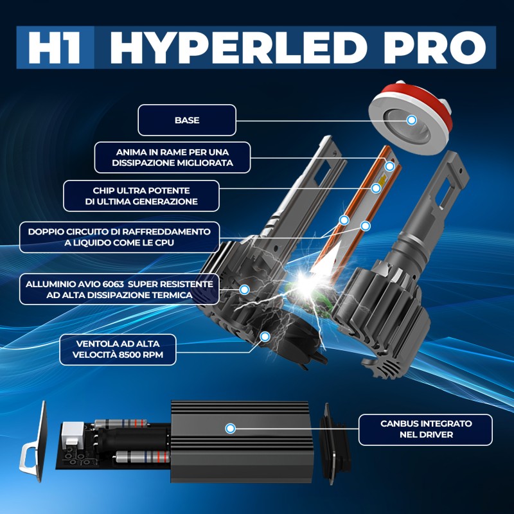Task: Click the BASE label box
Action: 187,120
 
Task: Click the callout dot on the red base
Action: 411,120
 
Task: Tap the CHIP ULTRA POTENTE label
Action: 141,195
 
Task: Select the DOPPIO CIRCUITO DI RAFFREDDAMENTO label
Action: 120,236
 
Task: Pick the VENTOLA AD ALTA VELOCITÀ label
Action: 117,349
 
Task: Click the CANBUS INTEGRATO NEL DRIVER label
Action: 426,429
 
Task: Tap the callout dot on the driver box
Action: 231,428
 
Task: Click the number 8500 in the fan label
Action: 138,355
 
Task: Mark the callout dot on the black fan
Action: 264,336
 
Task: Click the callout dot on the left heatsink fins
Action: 244,290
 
